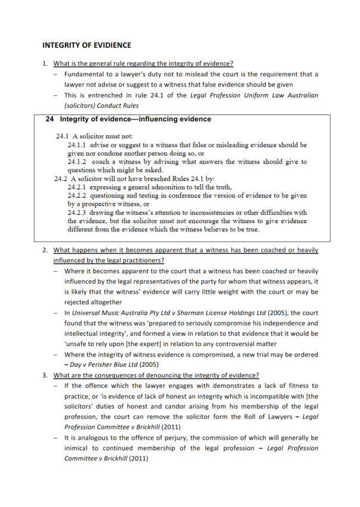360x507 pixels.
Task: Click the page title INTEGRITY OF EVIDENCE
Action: click(x=86, y=45)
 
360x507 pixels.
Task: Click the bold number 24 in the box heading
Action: click(x=49, y=119)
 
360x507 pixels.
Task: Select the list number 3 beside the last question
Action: click(x=45, y=375)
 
